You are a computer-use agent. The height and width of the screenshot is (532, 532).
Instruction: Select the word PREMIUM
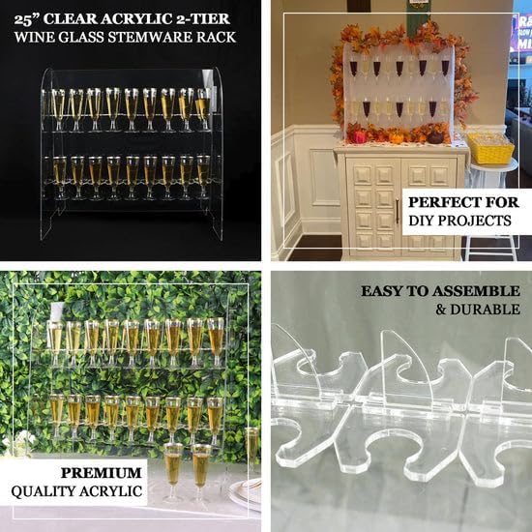tap(103, 474)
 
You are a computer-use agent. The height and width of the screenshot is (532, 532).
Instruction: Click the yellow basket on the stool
tap(490, 148)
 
